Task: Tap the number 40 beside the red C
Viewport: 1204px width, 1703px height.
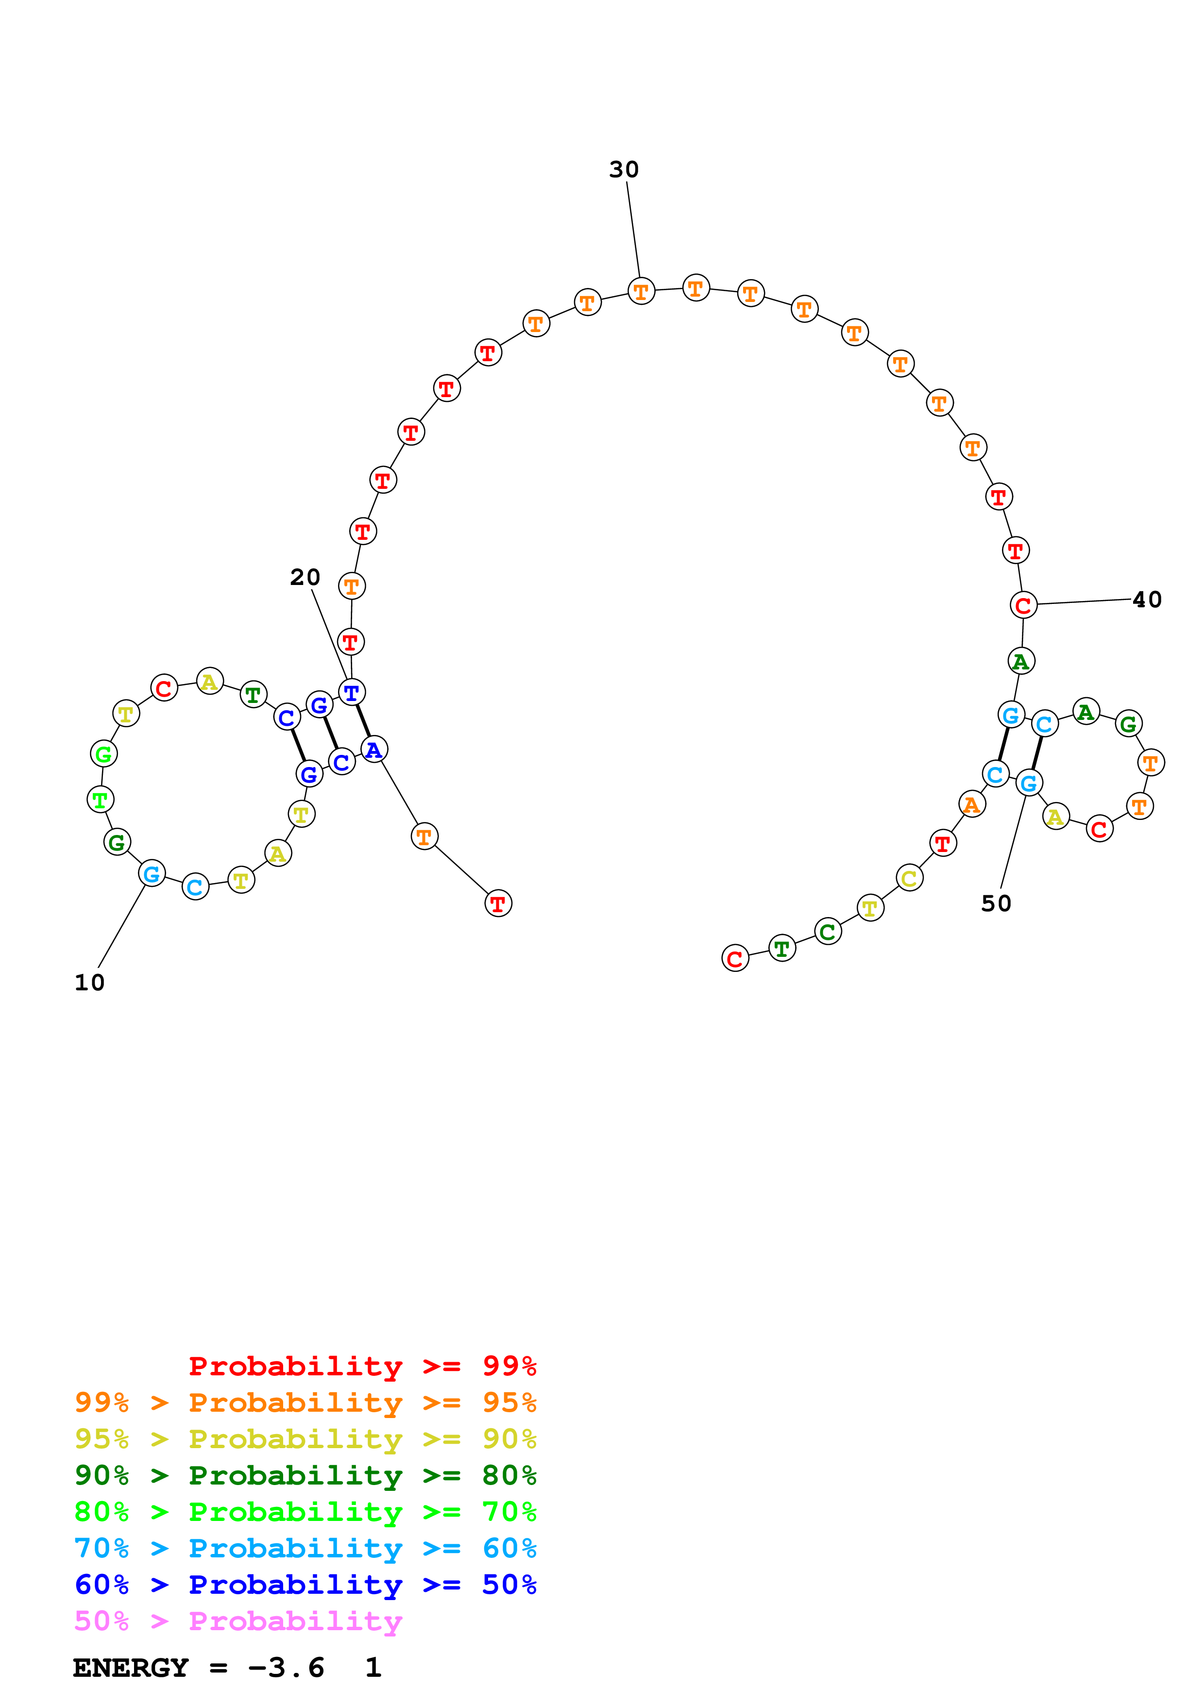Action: click(1147, 600)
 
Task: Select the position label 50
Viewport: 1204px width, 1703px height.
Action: click(996, 903)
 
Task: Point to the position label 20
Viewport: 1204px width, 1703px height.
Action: click(305, 577)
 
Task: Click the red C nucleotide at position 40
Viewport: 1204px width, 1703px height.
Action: click(1023, 605)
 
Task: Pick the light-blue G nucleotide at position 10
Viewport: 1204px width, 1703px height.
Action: click(152, 874)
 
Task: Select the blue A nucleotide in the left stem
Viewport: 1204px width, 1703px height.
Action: click(374, 750)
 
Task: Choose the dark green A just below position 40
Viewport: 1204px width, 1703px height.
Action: click(1021, 661)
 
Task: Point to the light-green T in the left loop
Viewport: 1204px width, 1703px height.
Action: click(100, 800)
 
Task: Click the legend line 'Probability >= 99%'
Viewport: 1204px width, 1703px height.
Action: click(362, 1366)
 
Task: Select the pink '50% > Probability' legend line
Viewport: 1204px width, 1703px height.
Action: click(238, 1621)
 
